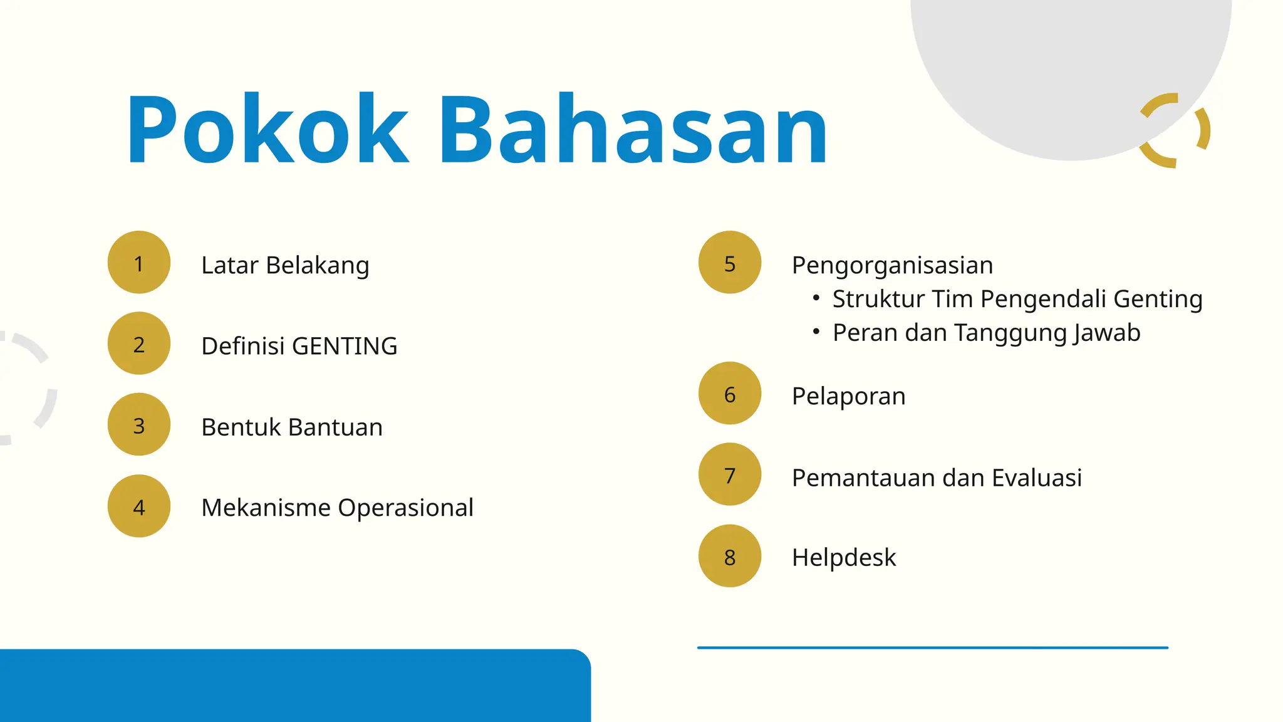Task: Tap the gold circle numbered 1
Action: [139, 263]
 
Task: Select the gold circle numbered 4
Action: [139, 506]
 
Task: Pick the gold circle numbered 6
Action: [730, 394]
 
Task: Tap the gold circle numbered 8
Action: [730, 556]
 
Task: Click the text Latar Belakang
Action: [285, 265]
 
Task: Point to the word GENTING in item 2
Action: [345, 346]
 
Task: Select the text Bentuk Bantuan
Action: [291, 427]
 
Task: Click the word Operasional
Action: [405, 508]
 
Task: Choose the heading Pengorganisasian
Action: [892, 265]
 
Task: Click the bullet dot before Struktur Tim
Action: [816, 298]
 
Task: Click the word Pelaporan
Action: [848, 396]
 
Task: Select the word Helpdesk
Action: [843, 557]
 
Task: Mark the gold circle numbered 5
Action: [730, 263]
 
